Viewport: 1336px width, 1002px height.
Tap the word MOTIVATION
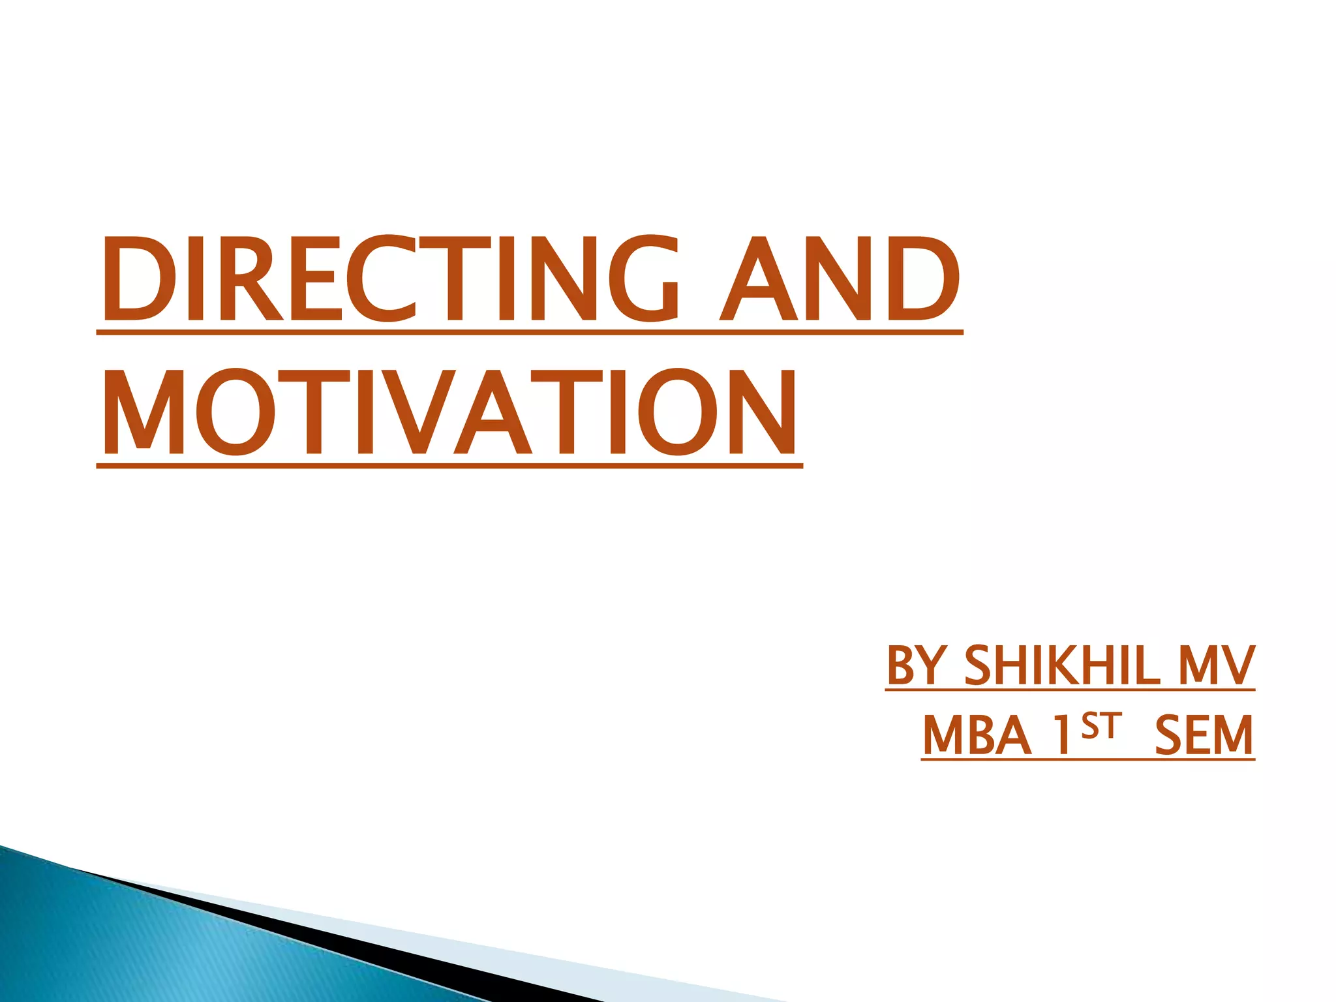[x=449, y=413]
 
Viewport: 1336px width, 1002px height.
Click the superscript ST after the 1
[x=1101, y=725]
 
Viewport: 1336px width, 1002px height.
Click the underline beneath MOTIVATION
[x=449, y=466]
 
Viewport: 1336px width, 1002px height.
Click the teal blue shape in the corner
[x=130, y=939]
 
